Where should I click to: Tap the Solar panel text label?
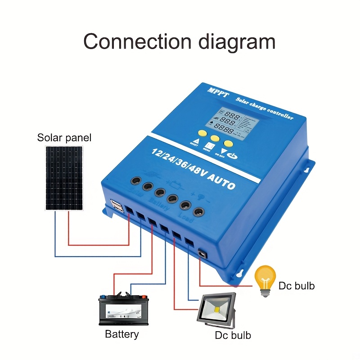64,138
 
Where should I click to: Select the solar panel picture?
64,178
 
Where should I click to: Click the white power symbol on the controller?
233,156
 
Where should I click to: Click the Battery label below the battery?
121,334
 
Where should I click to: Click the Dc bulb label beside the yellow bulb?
297,286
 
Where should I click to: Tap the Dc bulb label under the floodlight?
233,335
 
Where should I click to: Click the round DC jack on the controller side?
202,255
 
